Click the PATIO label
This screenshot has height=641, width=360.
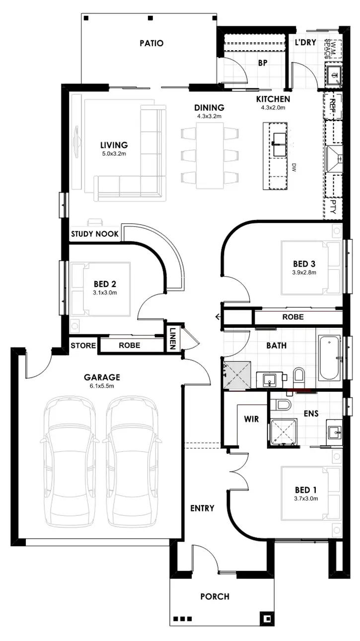point(151,43)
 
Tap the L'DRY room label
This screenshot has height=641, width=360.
point(305,43)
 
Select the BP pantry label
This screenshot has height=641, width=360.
point(263,63)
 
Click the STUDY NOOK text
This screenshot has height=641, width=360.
point(95,234)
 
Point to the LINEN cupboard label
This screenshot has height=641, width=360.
point(173,339)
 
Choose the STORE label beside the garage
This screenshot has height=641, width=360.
point(83,345)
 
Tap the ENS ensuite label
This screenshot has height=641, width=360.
point(311,413)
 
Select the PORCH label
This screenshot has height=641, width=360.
point(215,596)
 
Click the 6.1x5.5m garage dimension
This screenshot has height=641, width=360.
point(102,386)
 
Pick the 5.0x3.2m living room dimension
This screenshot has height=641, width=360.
point(114,154)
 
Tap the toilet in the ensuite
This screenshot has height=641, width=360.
point(281,405)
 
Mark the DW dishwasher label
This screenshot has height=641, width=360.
point(294,166)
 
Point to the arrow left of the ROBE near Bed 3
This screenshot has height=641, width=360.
point(217,317)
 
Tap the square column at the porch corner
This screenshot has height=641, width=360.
point(268,619)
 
